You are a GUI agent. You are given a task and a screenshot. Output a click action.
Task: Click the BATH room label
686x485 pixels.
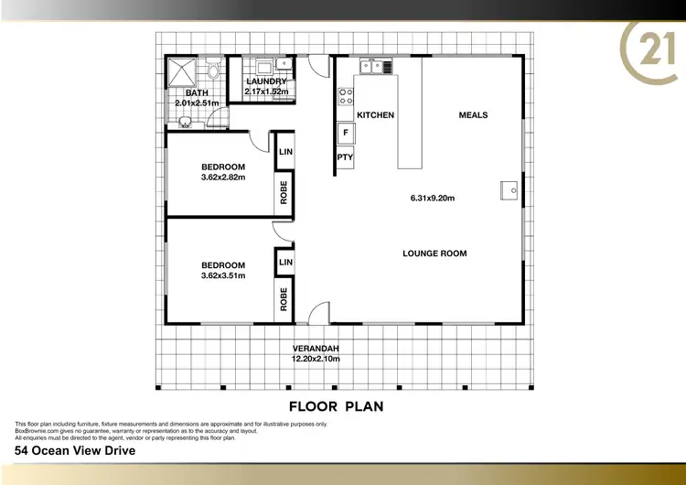pos(198,93)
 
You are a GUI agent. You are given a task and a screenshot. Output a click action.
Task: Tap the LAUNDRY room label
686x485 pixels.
pos(266,81)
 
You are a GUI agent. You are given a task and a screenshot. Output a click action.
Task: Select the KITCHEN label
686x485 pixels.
pos(375,115)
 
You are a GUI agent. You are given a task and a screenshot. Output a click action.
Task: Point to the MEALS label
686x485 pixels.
pos(473,115)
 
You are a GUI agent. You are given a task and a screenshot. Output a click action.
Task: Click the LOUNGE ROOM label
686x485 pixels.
pos(435,253)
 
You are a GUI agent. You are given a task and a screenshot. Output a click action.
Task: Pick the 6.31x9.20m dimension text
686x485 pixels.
pos(434,198)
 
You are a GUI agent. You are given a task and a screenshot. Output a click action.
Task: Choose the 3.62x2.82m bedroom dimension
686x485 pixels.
pos(223,178)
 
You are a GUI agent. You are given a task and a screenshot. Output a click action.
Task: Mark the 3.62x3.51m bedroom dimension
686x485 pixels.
pos(223,275)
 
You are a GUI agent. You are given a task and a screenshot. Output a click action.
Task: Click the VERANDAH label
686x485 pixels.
pos(316,349)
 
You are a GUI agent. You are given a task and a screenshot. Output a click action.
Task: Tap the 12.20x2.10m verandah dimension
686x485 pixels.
pos(316,359)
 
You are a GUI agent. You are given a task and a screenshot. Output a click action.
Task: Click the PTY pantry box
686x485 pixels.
pos(345,157)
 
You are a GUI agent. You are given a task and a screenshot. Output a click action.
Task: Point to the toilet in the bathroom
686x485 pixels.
pos(212,70)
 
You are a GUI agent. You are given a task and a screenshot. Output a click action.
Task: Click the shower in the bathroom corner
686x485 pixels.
pos(180,71)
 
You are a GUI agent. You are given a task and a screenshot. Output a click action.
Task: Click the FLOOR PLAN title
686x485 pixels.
pos(335,405)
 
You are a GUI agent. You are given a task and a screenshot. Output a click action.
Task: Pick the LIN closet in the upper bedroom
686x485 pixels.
pos(284,151)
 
